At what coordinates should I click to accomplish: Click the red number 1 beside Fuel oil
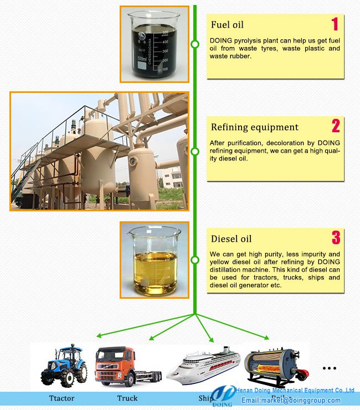tap(335, 24)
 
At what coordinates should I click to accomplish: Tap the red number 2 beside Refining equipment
tap(336, 126)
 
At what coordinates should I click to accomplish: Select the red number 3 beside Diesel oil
tap(336, 238)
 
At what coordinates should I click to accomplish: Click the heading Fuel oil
tap(227, 25)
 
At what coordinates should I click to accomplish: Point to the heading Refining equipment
tap(255, 127)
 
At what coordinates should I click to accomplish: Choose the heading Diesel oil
tap(232, 239)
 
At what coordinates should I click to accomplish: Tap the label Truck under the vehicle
tap(127, 398)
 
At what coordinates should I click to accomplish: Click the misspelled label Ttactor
tap(61, 398)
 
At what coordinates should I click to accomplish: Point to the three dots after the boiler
tap(329, 368)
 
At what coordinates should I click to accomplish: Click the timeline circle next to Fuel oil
tap(195, 44)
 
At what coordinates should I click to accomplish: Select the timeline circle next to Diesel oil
tap(195, 260)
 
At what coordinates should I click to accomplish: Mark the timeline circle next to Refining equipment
tap(195, 151)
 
